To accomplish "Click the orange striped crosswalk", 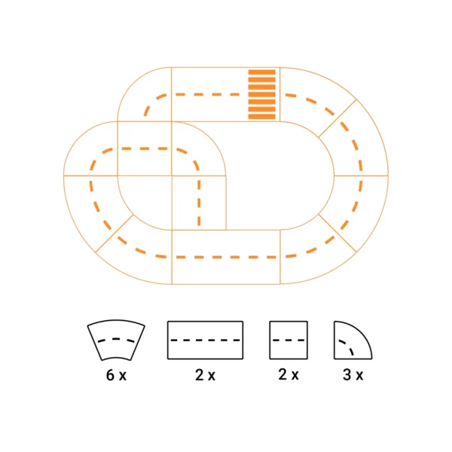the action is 261,94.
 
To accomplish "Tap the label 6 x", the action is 116,375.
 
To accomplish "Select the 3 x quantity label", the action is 353,374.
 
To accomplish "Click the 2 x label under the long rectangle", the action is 205,375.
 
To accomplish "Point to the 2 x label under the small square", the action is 289,374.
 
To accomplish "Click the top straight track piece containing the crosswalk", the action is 226,94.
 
